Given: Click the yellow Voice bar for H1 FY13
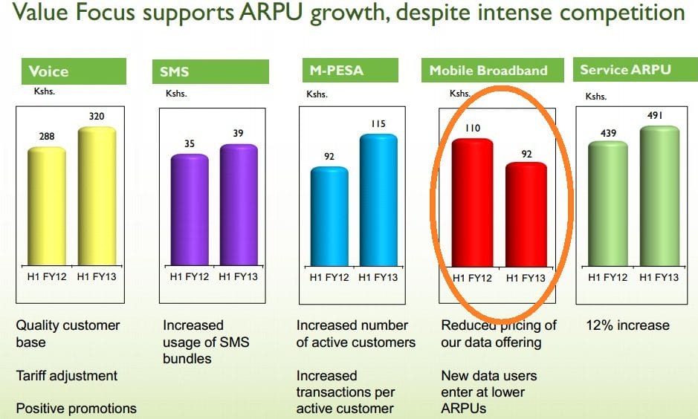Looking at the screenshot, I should pos(97,197).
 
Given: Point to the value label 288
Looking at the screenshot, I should pos(47,137).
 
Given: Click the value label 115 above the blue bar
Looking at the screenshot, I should pos(378,123).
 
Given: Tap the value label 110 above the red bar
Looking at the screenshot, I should pos(472,128).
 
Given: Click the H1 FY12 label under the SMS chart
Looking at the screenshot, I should pos(190,277).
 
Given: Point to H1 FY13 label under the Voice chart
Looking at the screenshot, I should pos(97,277).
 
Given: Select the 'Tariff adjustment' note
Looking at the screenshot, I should pos(67,376).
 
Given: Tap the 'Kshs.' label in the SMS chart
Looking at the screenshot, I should pos(176,93).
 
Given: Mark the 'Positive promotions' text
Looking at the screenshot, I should pos(77,409).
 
